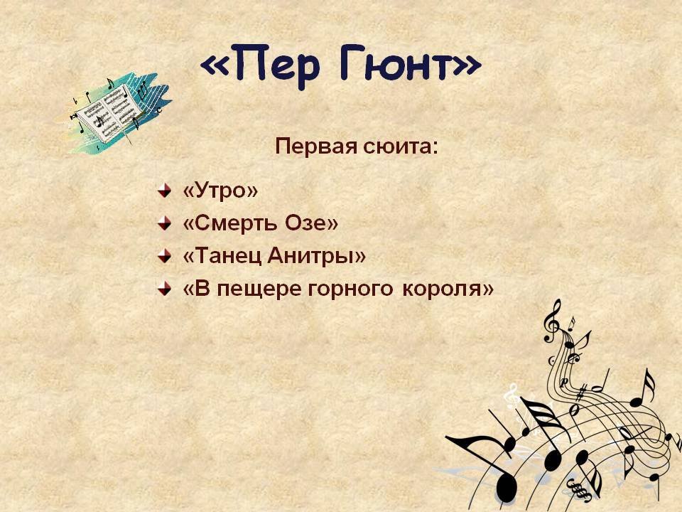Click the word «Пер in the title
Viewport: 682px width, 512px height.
click(260, 65)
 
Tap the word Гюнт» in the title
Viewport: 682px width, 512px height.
click(410, 63)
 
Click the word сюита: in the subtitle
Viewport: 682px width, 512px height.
click(401, 146)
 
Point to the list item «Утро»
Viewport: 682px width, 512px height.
click(220, 191)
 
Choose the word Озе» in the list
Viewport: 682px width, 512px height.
click(311, 223)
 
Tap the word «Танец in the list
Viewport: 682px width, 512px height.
click(222, 255)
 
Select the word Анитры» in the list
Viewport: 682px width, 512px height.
click(316, 255)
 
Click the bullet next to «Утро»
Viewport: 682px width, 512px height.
click(164, 191)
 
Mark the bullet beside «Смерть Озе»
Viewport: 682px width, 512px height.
click(164, 223)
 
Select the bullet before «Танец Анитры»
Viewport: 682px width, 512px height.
click(164, 255)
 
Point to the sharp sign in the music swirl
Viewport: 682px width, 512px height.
click(580, 393)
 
